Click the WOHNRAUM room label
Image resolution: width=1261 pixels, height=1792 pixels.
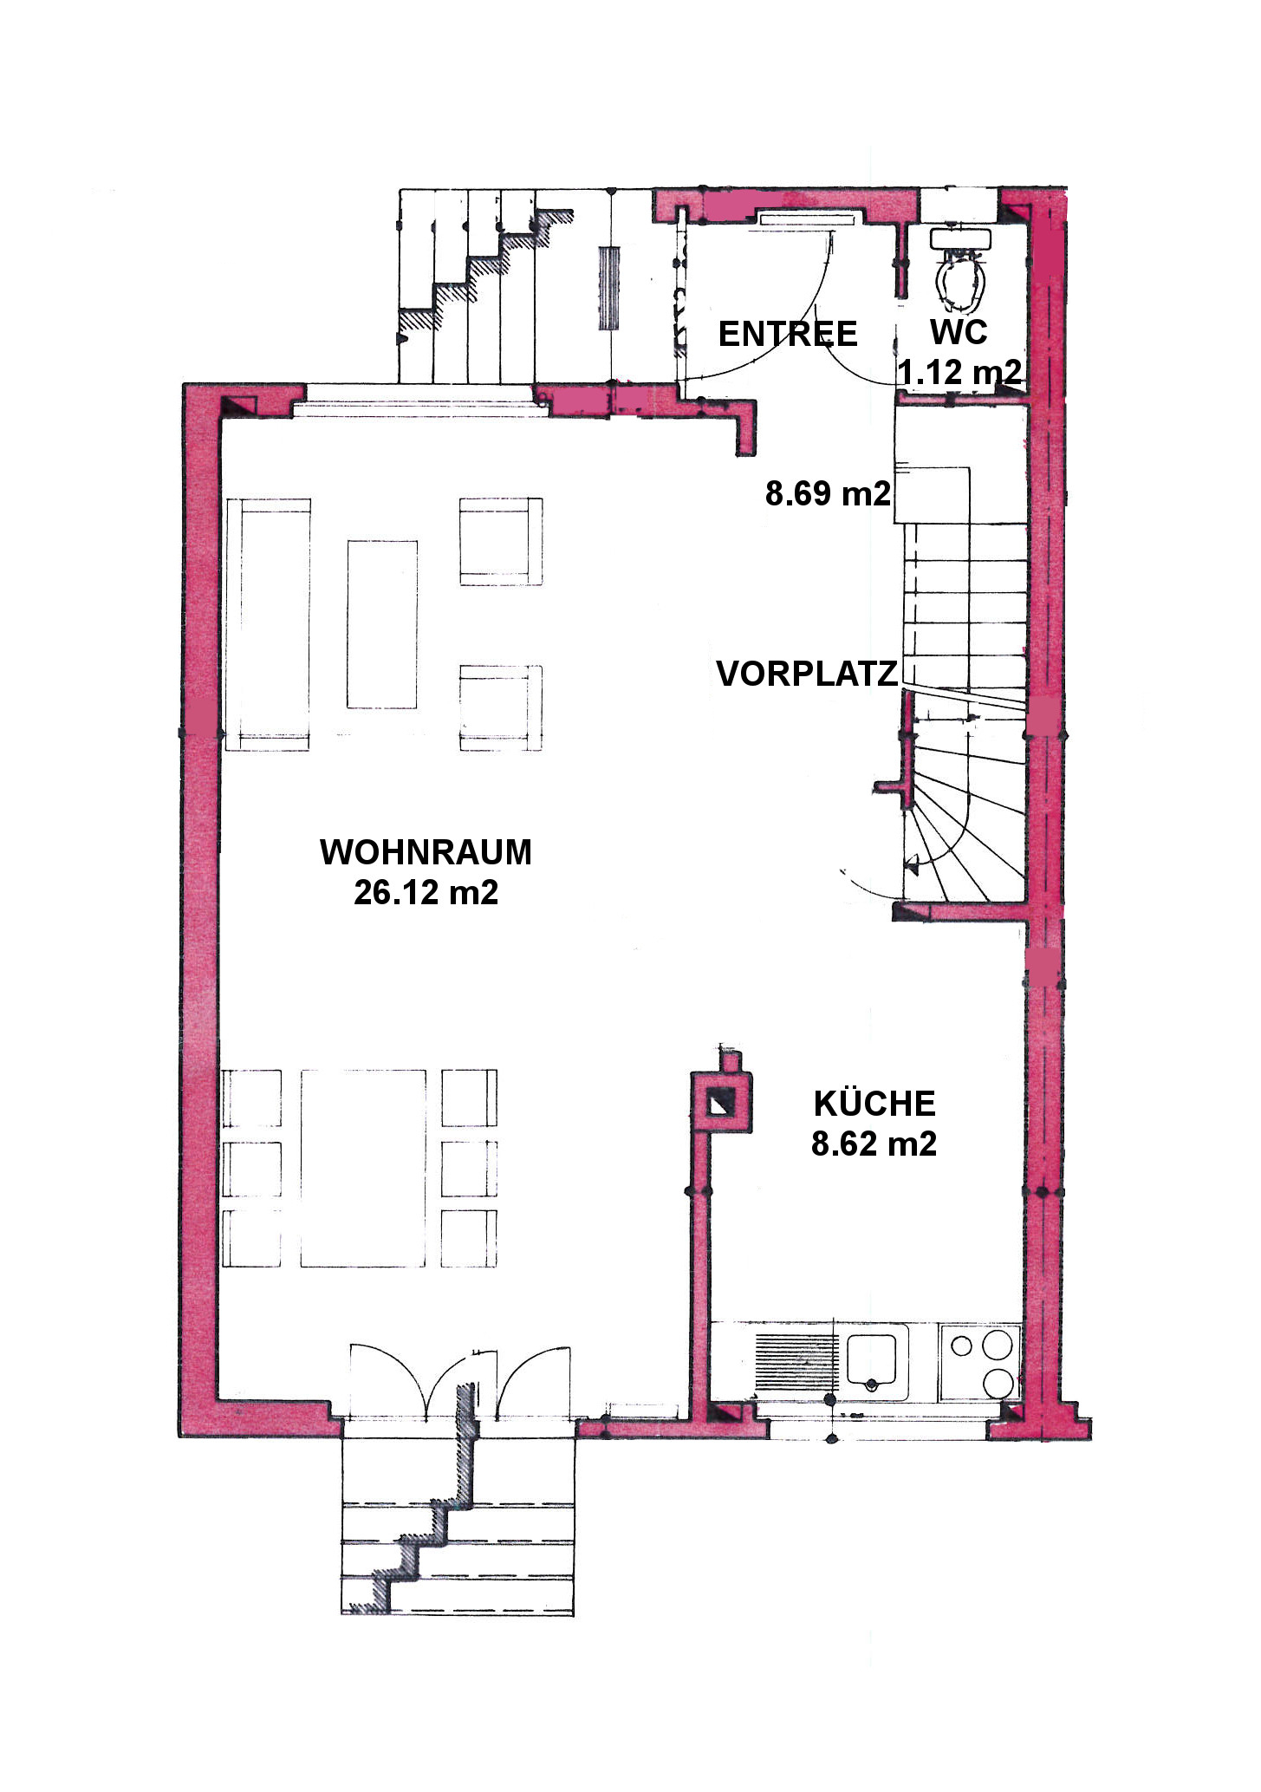(x=426, y=852)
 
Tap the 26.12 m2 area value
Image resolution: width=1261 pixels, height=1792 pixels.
(x=426, y=892)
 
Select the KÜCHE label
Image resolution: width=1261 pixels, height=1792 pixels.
(x=874, y=1103)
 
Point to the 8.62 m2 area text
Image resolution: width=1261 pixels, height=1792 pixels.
(x=874, y=1144)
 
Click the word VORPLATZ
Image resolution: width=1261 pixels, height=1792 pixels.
(x=807, y=674)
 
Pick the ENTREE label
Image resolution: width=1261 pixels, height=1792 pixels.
(x=788, y=334)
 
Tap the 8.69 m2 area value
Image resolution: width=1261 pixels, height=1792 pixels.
(x=828, y=493)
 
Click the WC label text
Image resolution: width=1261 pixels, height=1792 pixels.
(x=959, y=332)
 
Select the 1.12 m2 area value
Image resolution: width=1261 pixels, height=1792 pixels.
(x=959, y=372)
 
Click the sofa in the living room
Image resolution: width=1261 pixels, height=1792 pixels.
(x=268, y=624)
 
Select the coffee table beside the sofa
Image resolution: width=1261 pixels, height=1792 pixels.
(x=382, y=624)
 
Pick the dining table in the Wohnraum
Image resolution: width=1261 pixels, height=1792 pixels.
(x=364, y=1168)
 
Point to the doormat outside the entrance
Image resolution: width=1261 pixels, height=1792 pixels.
(x=610, y=288)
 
